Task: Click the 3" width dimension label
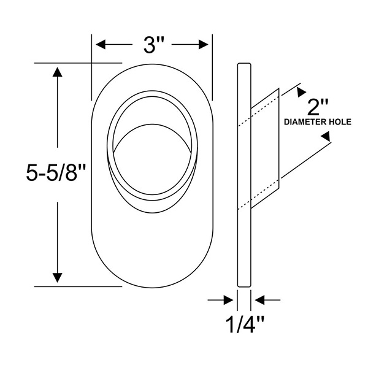[x=153, y=45]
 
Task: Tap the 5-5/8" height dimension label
[x=55, y=173]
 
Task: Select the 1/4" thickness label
[x=245, y=325]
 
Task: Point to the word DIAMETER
[x=304, y=122]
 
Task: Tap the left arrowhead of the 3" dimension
[x=101, y=45]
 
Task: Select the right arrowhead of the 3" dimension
[x=204, y=45]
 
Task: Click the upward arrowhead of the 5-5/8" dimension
[x=57, y=72]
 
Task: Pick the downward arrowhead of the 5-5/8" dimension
[x=57, y=278]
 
